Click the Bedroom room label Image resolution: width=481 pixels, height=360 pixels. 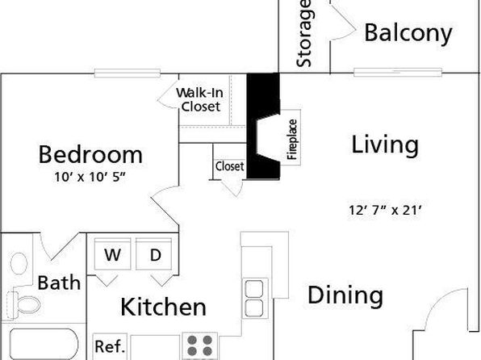[90, 155]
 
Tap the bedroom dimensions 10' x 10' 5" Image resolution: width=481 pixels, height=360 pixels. [90, 177]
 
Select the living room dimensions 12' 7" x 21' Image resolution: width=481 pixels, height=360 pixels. [386, 210]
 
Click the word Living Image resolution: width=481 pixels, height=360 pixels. [385, 144]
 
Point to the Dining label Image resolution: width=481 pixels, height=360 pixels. [345, 295]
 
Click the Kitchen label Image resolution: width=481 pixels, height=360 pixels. [163, 307]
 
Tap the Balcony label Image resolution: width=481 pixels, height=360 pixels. [408, 32]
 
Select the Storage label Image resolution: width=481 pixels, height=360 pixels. [304, 33]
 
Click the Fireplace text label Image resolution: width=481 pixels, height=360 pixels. [292, 140]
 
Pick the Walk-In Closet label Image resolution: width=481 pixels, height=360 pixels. [199, 99]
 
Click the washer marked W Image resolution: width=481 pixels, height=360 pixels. [112, 253]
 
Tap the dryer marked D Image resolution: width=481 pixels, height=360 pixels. [153, 253]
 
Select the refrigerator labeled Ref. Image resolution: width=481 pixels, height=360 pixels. [110, 346]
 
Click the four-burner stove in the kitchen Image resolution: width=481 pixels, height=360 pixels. [200, 345]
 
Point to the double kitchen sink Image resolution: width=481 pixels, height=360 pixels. [254, 298]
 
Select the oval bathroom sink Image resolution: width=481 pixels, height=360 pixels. [19, 263]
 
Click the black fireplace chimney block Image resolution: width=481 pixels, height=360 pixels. [263, 126]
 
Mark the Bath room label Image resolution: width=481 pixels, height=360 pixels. [59, 283]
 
